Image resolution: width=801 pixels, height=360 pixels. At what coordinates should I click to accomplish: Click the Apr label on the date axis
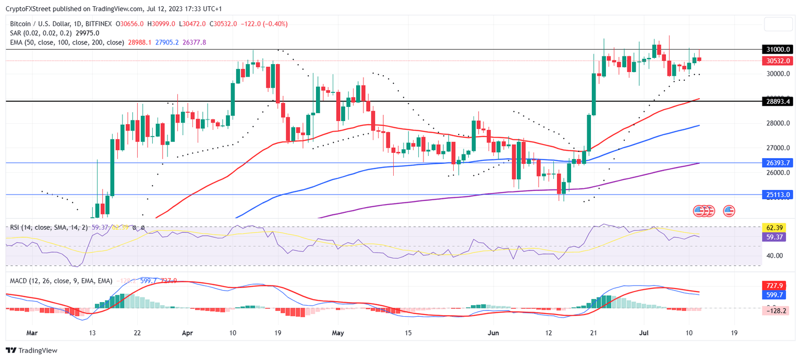point(188,332)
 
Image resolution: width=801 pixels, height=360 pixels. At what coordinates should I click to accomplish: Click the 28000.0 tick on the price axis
point(778,124)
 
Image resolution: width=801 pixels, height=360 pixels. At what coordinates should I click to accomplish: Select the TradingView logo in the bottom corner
point(32,351)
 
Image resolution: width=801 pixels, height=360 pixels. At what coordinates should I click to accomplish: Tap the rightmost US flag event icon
point(729,211)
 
